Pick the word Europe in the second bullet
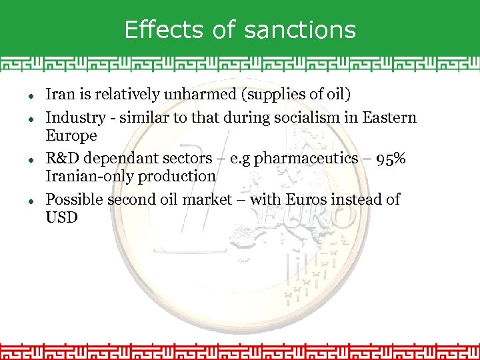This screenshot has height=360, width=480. coord(71,136)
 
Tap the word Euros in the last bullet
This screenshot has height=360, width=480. coord(307,199)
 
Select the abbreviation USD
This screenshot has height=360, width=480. coord(61,217)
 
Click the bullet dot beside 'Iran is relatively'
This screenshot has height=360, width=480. coord(31,96)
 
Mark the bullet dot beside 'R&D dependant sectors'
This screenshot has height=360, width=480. coord(31,160)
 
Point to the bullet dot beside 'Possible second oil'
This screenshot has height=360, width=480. coord(31,200)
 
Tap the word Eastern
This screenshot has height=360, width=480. coord(389,118)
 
